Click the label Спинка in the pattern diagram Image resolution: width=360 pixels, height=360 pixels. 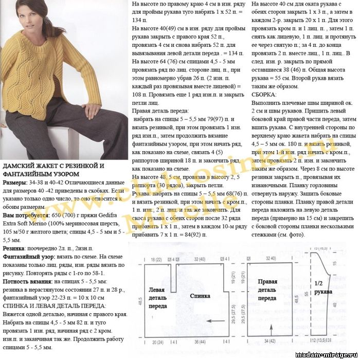click(200, 296)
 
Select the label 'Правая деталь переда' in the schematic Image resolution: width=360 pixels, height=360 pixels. click(267, 290)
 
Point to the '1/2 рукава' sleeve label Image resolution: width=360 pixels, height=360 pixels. click(322, 287)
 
